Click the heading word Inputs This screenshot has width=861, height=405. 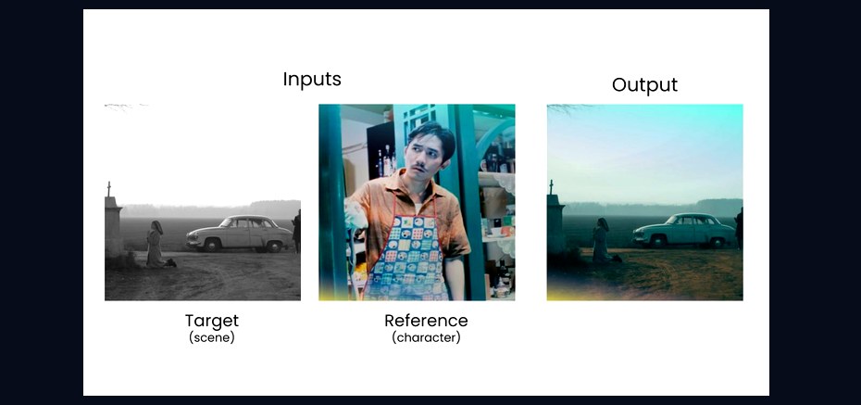tap(312, 80)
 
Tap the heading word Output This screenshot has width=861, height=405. tap(644, 84)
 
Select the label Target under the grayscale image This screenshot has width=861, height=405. tap(212, 321)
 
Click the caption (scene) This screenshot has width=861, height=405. tap(212, 337)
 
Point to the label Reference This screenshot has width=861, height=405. tap(426, 321)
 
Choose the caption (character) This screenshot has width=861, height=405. tap(426, 337)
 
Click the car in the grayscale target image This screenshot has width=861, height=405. tap(240, 234)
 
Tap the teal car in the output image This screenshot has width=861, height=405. tap(683, 230)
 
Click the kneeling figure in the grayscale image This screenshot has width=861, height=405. tap(156, 245)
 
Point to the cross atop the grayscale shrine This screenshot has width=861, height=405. tap(108, 189)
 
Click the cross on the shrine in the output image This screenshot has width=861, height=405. tap(551, 187)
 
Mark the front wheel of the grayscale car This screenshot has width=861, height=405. tap(212, 245)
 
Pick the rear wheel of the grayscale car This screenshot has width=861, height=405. tap(274, 246)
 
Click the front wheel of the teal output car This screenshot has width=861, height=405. tap(657, 241)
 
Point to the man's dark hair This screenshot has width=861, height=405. tap(431, 136)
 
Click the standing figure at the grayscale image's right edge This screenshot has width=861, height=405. tap(296, 231)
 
